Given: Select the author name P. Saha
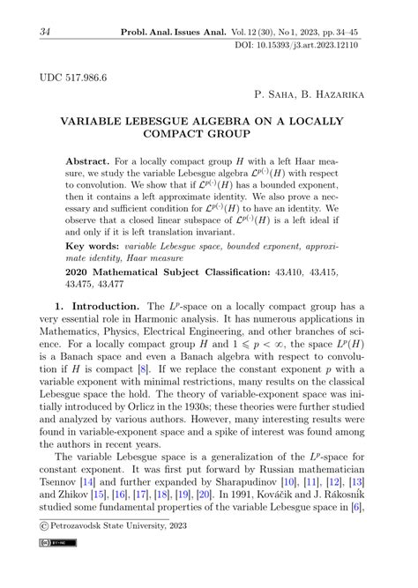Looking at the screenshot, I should (x=276, y=93).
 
